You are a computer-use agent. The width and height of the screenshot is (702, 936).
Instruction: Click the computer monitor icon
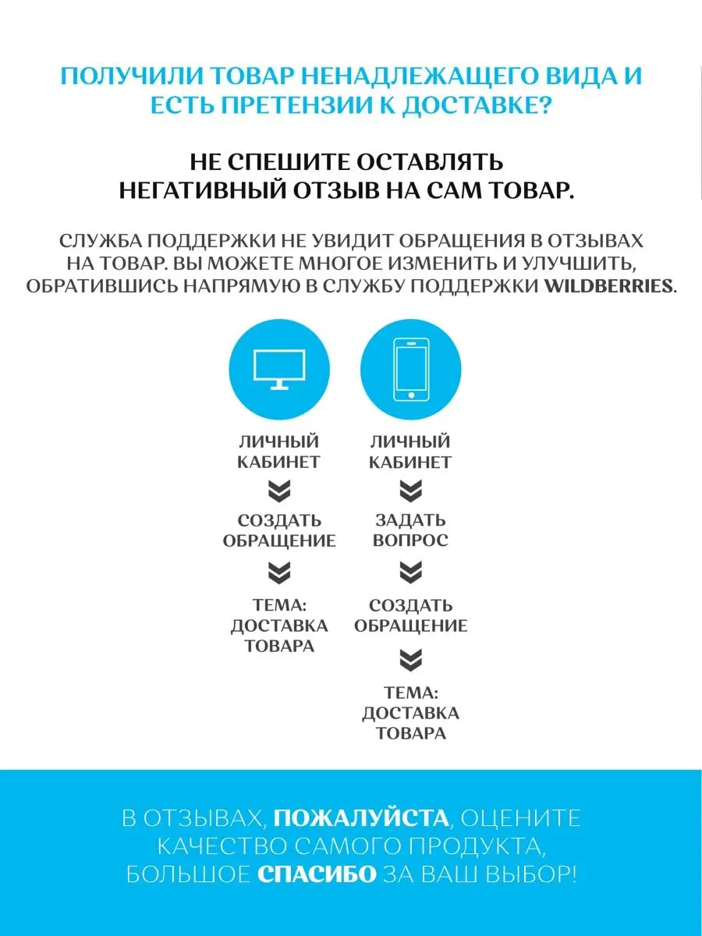[279, 368]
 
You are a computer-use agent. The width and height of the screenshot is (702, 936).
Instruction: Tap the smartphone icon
[411, 368]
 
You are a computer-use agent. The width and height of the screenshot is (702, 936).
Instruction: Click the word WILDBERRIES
[608, 286]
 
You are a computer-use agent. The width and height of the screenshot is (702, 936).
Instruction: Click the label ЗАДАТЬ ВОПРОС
[411, 530]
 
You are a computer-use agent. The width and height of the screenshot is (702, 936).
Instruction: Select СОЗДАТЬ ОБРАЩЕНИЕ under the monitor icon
[279, 530]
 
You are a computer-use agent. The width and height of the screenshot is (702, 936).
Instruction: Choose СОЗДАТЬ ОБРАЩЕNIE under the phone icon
[411, 615]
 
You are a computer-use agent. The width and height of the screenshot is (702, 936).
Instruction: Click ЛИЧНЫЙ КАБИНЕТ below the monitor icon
[279, 452]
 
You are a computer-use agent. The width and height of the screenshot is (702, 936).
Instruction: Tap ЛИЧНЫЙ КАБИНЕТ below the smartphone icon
[411, 452]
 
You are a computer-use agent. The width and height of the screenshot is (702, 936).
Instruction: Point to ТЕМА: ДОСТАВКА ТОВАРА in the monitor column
[279, 626]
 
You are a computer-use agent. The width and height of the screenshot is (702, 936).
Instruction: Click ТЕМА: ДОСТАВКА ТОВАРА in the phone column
[411, 713]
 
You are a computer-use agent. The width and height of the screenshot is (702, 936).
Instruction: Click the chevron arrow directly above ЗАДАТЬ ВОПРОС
[411, 491]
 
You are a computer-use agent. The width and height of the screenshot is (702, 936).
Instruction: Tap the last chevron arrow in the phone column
[411, 661]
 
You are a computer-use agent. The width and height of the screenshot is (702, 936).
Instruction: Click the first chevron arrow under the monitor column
[279, 491]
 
